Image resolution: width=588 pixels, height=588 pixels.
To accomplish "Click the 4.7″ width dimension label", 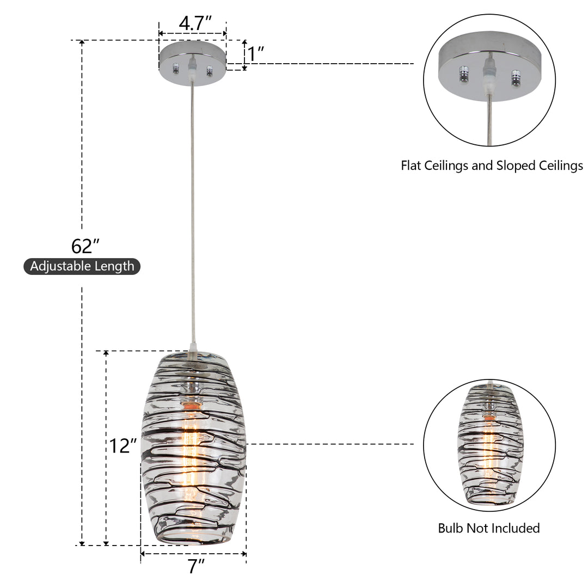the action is [195, 23].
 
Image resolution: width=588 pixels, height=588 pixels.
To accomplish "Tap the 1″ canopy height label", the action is [256, 53].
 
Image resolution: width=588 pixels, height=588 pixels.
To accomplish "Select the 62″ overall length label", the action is [85, 247].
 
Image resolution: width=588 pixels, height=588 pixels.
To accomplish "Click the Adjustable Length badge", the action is [82, 266].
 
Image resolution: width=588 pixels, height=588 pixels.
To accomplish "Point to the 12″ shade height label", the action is [122, 446].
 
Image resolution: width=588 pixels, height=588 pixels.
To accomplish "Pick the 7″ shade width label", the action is [197, 566].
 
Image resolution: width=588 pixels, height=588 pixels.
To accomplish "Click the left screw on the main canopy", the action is [175, 69].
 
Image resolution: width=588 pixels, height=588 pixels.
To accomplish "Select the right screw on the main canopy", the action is [209, 70].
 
